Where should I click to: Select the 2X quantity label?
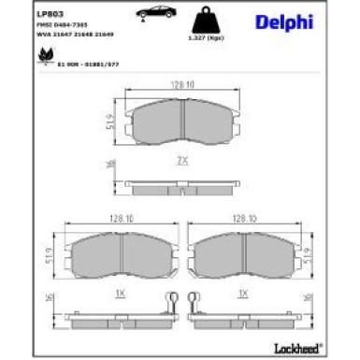click(183, 161)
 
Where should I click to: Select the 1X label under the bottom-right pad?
click(243, 294)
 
